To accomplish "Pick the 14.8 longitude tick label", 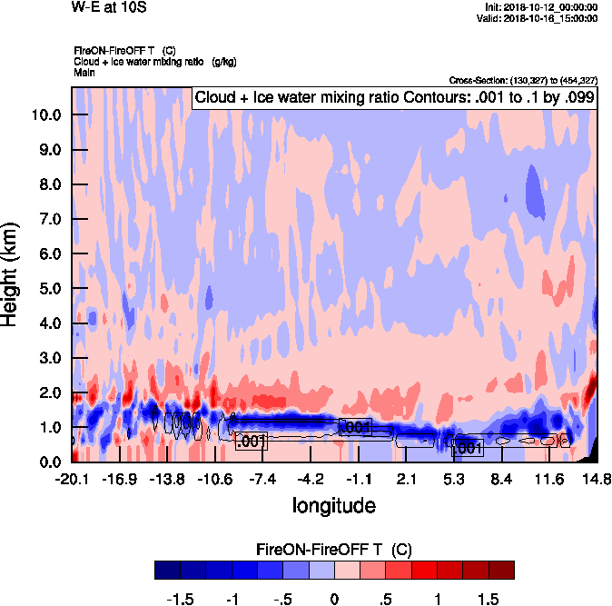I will (596, 479).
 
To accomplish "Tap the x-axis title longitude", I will (333, 505).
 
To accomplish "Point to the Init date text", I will (542, 6).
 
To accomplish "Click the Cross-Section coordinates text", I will (523, 80).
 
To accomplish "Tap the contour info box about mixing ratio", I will (393, 98).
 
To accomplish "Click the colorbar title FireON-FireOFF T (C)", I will (334, 551).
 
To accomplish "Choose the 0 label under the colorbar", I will (334, 599).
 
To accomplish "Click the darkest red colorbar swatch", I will (500, 571).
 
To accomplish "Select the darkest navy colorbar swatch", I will (167, 571).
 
